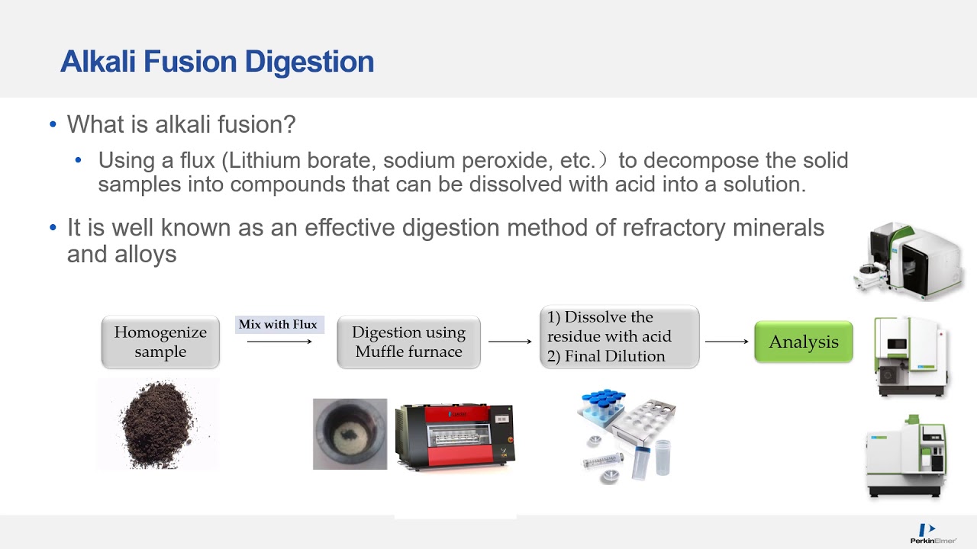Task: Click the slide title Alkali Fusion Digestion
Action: (x=217, y=62)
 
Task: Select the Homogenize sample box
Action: (x=160, y=342)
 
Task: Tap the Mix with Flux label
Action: (x=278, y=325)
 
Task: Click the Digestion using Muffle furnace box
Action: (x=408, y=342)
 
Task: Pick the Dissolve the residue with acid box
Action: (x=619, y=337)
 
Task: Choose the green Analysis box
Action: (x=803, y=342)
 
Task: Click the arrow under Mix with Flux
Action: (x=279, y=342)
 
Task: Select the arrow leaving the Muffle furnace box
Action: (x=510, y=342)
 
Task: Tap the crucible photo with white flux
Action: (x=350, y=434)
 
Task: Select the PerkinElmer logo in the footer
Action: (x=933, y=533)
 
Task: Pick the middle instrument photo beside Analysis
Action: (x=911, y=357)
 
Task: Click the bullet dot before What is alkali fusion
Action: (x=53, y=124)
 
